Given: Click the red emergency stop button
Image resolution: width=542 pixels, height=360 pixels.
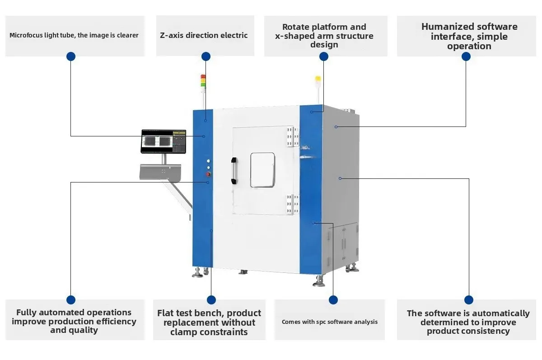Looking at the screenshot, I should tap(208, 174).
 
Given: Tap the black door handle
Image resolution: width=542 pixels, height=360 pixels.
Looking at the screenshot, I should tap(234, 170).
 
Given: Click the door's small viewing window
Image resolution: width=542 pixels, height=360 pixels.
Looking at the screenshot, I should tap(262, 170).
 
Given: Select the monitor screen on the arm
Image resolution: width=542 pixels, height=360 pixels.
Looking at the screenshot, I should tap(164, 141).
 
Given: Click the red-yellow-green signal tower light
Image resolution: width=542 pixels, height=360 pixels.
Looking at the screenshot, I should tap(203, 81).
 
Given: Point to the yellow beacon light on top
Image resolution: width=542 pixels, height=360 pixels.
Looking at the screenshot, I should tap(318, 79).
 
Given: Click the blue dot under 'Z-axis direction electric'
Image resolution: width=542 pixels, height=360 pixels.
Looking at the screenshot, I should tap(206, 56).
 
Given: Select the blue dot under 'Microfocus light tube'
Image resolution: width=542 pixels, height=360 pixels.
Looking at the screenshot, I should tap(71, 56).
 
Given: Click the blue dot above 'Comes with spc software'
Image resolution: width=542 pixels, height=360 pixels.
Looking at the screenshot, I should tap(333, 300).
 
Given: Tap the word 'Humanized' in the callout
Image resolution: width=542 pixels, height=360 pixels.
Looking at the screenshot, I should tap(447, 27).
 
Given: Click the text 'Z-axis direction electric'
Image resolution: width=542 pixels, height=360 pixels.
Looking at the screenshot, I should tap(204, 35).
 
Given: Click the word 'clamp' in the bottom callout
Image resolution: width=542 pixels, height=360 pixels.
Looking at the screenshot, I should tap(186, 332).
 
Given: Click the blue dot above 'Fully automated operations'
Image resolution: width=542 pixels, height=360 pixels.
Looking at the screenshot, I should tap(71, 300).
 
